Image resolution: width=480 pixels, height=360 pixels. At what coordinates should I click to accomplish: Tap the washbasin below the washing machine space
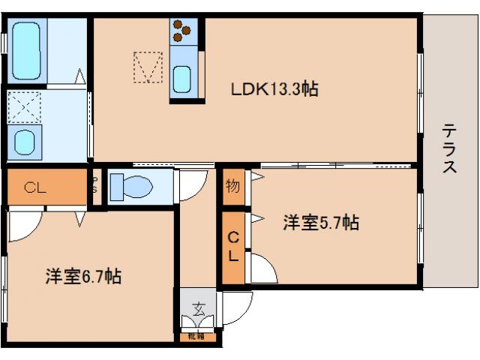[x=26, y=140]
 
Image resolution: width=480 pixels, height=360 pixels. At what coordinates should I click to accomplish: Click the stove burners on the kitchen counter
[x=182, y=30]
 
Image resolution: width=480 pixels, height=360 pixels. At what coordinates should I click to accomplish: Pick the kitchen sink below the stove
[x=183, y=77]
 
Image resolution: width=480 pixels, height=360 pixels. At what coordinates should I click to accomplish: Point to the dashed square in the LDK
[x=147, y=66]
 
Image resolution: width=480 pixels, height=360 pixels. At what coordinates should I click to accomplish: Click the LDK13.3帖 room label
[x=274, y=89]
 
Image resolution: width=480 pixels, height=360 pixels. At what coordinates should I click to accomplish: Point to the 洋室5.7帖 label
[x=320, y=223]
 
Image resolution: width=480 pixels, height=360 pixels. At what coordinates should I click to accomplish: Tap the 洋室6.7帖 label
[x=82, y=276]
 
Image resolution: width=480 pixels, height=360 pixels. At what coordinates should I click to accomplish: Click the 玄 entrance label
[x=198, y=307]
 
